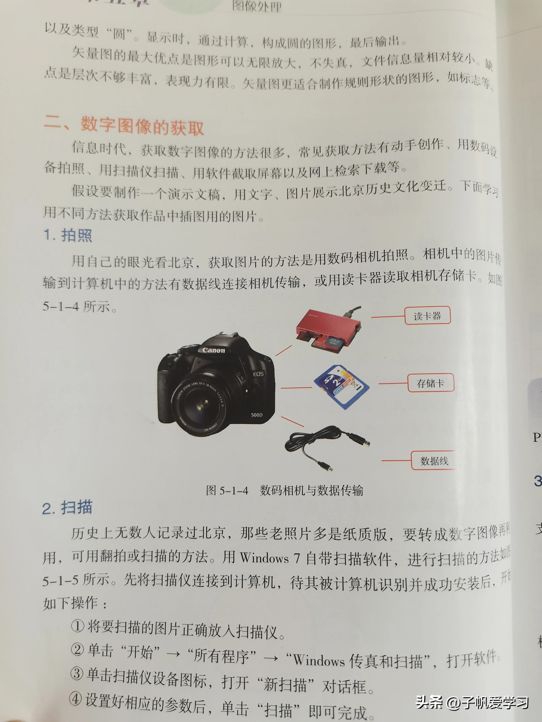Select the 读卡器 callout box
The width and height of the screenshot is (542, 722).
(x=427, y=316)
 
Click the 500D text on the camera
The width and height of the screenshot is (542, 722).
(x=257, y=415)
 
